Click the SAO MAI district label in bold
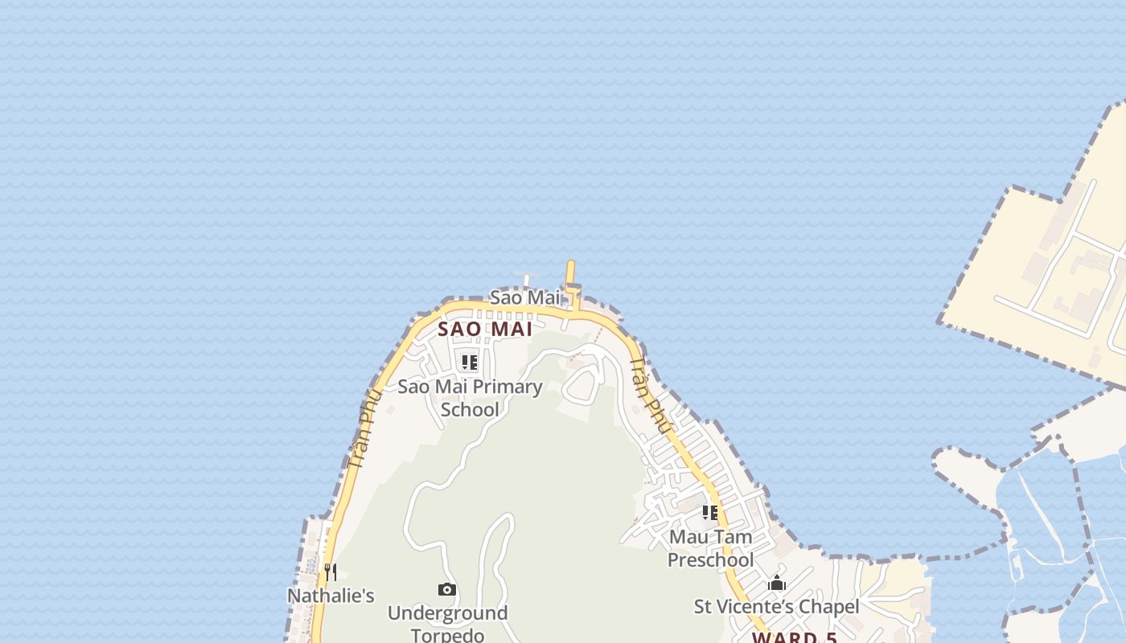[x=485, y=330]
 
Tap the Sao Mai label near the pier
[x=524, y=297]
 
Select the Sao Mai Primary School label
[x=471, y=398]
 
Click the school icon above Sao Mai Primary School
[x=470, y=362]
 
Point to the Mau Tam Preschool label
[x=711, y=548]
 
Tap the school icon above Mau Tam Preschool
[x=710, y=513]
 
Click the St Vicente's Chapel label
[x=776, y=607]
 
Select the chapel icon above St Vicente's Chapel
[x=777, y=584]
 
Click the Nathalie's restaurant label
[x=331, y=596]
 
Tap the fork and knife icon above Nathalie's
[x=331, y=572]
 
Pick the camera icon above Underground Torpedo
[x=447, y=590]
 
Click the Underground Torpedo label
[x=447, y=624]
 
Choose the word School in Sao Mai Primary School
[x=471, y=410]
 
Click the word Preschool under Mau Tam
[x=711, y=560]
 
